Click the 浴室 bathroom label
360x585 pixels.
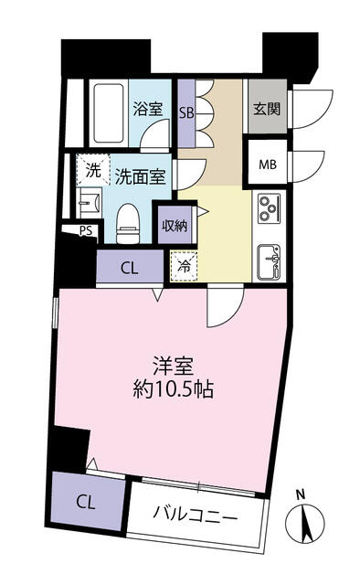point(148,109)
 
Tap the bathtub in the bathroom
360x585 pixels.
point(109,113)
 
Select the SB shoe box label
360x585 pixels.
point(186,112)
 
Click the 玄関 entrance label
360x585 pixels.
point(267,109)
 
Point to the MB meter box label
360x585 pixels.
point(268,165)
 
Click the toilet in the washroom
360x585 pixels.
point(128,223)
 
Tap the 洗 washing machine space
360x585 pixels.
point(93,170)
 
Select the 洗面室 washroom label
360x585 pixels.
point(140,176)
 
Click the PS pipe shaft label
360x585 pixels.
point(86,230)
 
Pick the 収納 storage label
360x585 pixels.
point(175,226)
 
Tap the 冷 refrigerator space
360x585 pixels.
point(184,266)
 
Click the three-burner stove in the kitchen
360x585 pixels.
point(270,208)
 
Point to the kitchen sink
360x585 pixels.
point(269,261)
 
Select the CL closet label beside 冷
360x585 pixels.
point(130,268)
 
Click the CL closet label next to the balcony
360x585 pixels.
point(86,503)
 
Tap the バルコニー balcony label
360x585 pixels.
point(196,517)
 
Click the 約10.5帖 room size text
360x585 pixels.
point(173,389)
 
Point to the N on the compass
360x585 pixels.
point(301,495)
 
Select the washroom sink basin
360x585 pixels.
point(89,203)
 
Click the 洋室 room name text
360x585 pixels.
point(174,366)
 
